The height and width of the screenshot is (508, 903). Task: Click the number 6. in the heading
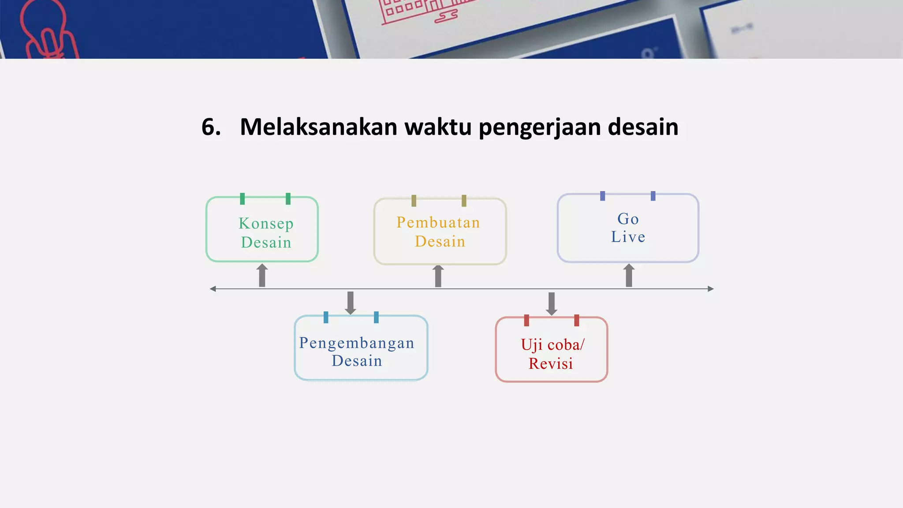[211, 127]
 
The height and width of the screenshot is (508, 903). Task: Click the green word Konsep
[266, 224]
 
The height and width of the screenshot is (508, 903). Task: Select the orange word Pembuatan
[438, 223]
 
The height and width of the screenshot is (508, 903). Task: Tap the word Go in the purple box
[628, 219]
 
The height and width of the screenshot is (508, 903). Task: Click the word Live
[628, 237]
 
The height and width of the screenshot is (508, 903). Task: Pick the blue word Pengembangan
[357, 343]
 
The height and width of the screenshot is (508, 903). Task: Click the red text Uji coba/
[552, 345]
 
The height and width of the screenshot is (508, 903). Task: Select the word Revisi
[551, 364]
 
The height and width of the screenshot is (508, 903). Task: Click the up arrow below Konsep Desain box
[262, 275]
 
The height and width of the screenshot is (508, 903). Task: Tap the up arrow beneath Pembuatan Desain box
[438, 276]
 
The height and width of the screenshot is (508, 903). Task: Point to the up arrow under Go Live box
[629, 275]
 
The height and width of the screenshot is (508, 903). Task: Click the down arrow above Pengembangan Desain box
[351, 303]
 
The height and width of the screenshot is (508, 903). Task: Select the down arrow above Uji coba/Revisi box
[551, 304]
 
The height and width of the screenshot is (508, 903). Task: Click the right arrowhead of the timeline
[710, 289]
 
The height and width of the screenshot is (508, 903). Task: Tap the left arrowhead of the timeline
[213, 289]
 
